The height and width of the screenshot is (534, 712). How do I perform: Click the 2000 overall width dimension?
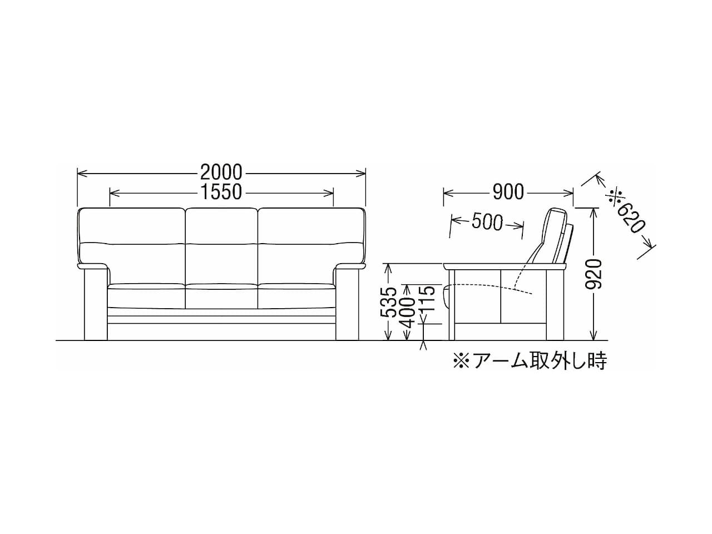click(221, 172)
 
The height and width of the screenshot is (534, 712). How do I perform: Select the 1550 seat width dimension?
click(221, 191)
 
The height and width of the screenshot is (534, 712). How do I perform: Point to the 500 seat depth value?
click(487, 222)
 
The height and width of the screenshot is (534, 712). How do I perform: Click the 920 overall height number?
click(594, 274)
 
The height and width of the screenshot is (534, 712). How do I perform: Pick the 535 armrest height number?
click(389, 301)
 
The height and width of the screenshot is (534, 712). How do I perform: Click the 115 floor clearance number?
click(426, 299)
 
